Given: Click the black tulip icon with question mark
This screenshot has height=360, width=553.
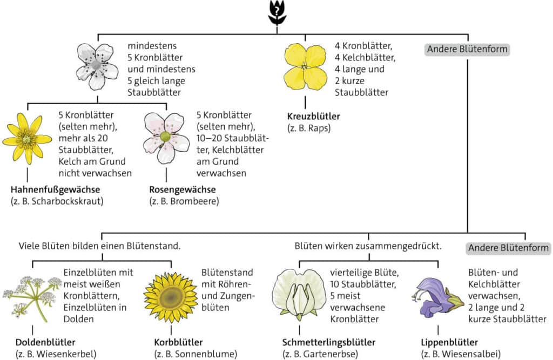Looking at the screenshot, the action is click(277, 12).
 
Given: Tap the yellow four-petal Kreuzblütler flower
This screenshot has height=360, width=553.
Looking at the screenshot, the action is click(306, 66).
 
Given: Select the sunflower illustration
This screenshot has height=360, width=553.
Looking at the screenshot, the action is click(171, 298).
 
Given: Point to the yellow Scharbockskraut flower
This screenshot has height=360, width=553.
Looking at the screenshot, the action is click(27, 139).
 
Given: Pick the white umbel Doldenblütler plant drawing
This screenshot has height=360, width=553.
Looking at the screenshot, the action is click(32, 299).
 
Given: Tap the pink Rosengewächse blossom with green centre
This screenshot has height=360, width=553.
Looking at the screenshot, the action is click(165, 137).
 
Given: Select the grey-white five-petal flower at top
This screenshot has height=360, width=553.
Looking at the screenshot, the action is click(97, 66).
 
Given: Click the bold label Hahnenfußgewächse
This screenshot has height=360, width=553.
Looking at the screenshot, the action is click(56, 189).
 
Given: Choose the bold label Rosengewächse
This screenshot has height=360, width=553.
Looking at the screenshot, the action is click(183, 189).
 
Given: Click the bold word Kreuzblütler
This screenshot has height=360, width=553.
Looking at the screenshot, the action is click(314, 116).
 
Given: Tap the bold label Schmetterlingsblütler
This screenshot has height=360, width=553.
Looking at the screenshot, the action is click(329, 342).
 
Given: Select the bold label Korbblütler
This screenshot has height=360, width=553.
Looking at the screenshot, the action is click(178, 342).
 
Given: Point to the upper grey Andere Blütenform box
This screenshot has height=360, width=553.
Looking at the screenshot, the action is click(467, 49).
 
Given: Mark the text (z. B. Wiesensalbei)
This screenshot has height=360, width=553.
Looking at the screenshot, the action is click(461, 354).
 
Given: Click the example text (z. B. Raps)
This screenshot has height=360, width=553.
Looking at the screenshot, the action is click(309, 127).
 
